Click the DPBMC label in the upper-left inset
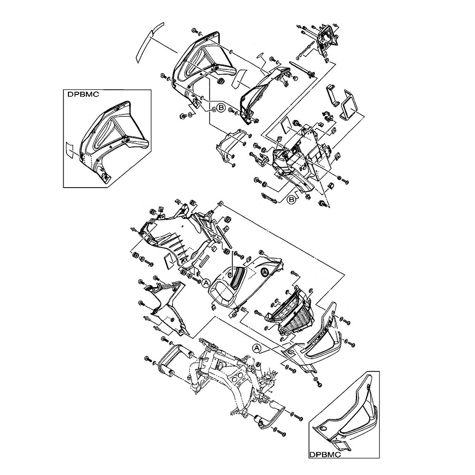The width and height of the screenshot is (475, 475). coord(83,95)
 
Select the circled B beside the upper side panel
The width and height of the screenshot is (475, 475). coord(221,108)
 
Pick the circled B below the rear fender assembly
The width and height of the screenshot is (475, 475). coord(292,199)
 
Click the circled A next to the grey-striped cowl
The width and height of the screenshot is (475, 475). coord(206,283)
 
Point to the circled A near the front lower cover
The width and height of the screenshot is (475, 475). coord(257,348)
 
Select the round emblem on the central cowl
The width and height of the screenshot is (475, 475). coord(265,272)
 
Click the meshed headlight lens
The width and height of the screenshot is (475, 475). coord(294,324)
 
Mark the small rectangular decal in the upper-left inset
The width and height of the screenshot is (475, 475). coord(70,149)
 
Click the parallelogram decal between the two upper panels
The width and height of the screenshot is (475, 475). coord(239,77)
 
